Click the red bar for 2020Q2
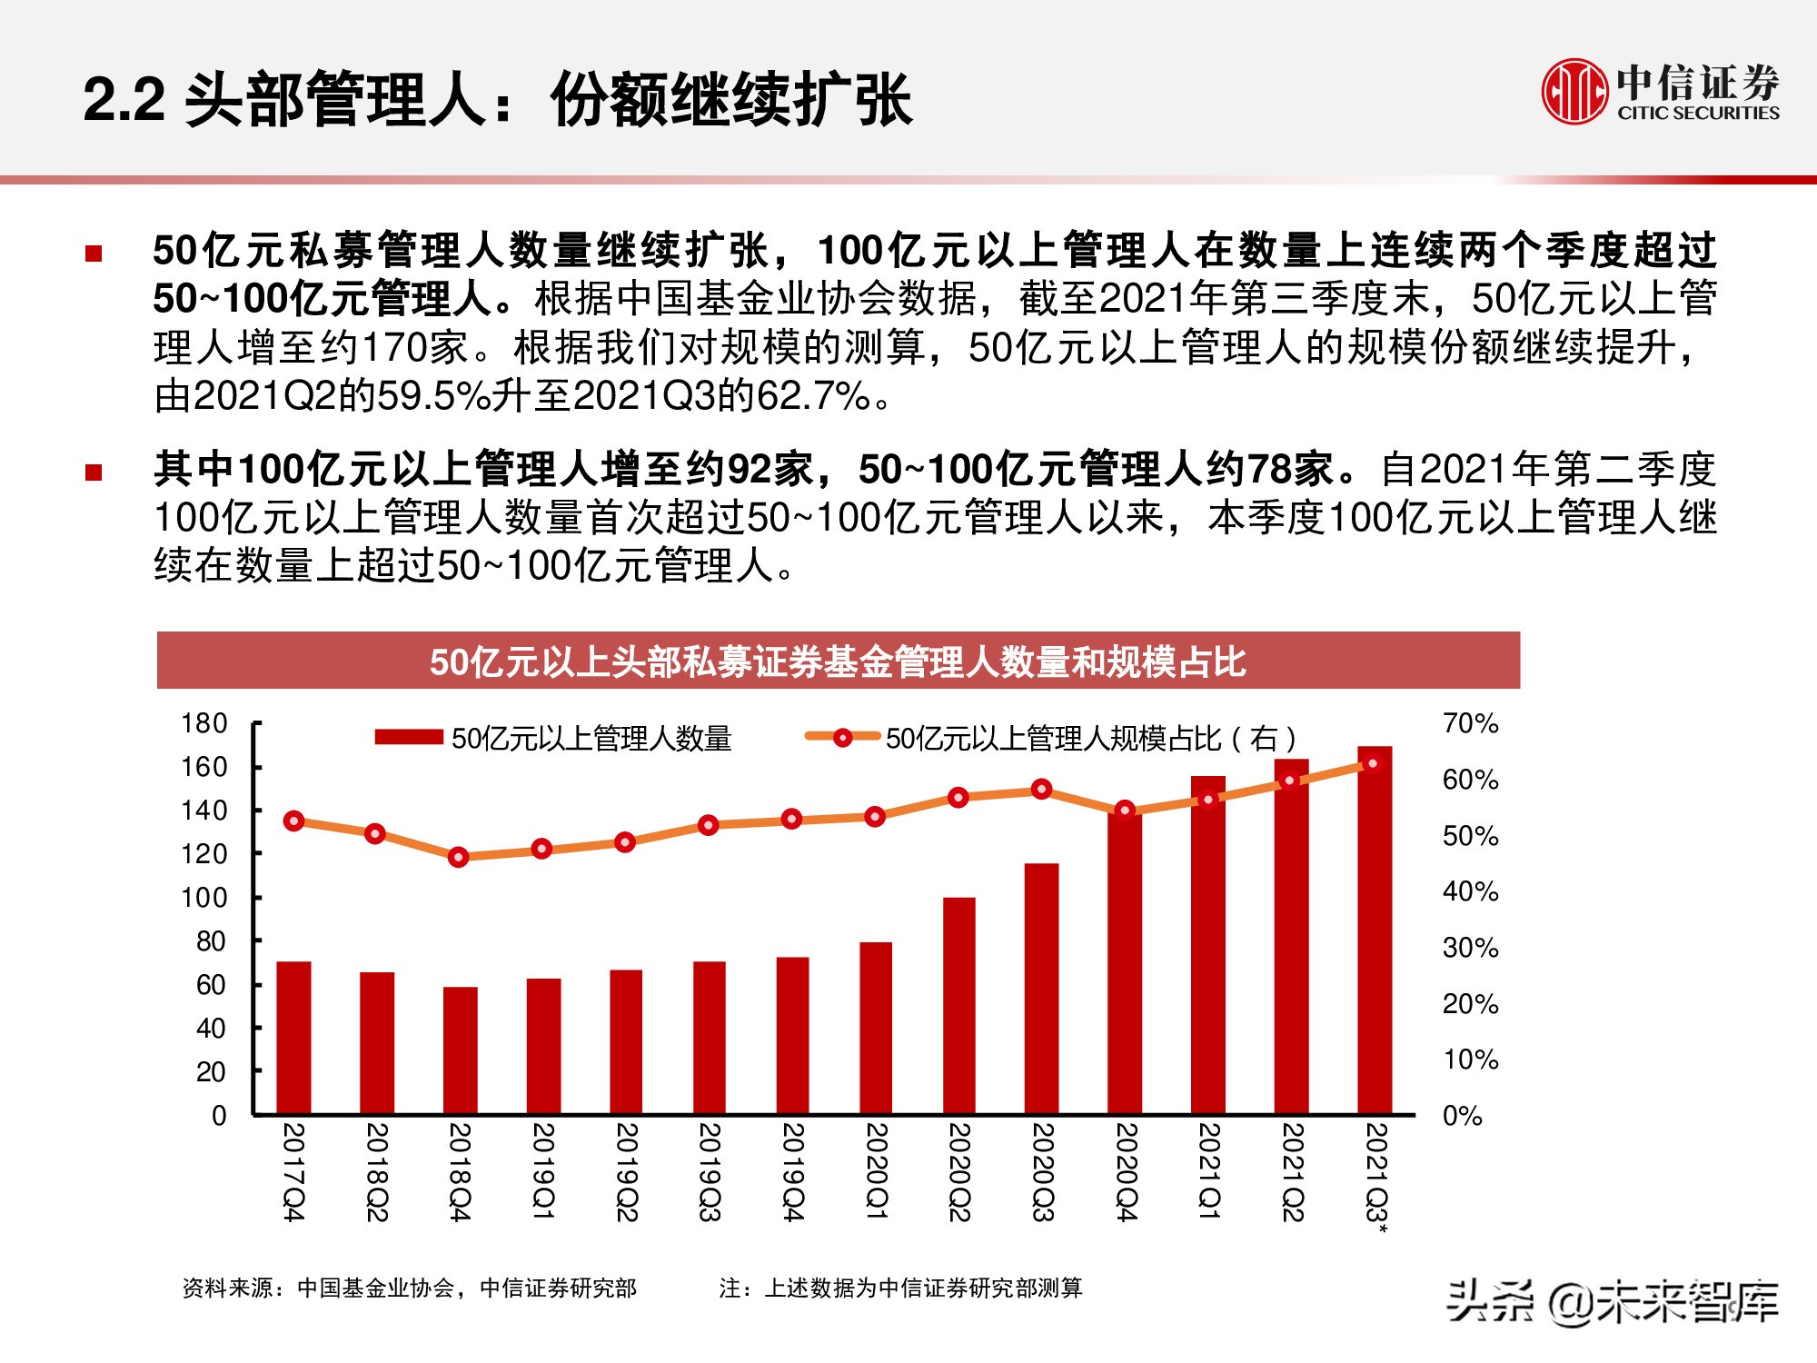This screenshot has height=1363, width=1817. pos(958,1006)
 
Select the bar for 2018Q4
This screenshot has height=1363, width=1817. pos(460,1050)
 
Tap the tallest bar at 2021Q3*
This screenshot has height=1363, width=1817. pos(1375,930)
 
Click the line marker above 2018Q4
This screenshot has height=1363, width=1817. pos(459,857)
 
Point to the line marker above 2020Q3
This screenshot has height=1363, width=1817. pos(1042,789)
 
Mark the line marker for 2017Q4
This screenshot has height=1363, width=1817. pos(293,821)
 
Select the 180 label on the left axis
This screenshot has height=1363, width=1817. pos(204,723)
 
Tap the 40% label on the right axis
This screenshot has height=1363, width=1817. pos(1470,891)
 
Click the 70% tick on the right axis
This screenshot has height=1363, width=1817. pos(1470,723)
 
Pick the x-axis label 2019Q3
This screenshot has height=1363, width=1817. pos(710,1172)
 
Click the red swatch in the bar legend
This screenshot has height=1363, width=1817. pos(409,737)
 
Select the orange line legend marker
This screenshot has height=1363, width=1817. pos(842,737)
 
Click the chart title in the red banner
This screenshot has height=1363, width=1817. pos(838,662)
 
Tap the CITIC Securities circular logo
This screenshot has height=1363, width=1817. pos(1573,91)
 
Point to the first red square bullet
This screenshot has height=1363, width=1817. pos(94,254)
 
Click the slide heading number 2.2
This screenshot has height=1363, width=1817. pos(124,99)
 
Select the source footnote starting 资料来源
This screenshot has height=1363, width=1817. pos(409,1288)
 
